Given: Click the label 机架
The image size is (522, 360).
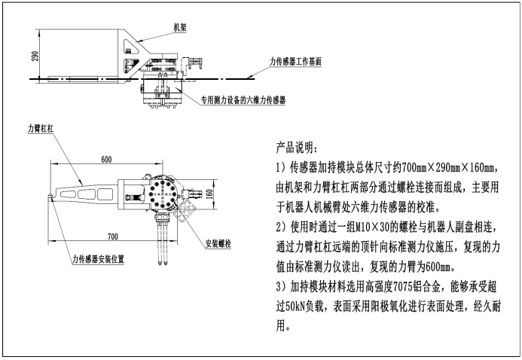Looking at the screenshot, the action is pos(180,27).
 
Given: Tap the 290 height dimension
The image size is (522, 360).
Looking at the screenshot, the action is pos(35,56).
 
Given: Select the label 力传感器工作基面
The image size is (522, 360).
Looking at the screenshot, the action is pos(295,62).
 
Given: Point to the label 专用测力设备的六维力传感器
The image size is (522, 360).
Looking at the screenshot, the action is pos(243,100).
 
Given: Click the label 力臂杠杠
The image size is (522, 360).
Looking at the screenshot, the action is pos(40,129).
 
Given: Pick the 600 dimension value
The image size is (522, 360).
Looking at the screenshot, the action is pos(106,160).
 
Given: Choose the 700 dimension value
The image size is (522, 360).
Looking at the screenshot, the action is pos(112,236).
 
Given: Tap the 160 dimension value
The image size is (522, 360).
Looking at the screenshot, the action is pos(209,194).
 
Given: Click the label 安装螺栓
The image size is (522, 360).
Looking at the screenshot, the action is pos(218,243).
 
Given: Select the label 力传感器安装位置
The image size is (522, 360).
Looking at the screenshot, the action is pos(99,259).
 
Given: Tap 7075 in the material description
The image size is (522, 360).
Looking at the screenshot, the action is pos(403,287).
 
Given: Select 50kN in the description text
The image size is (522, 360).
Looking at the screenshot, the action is pos(295,307).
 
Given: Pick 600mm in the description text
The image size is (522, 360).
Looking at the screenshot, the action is pos(438,267).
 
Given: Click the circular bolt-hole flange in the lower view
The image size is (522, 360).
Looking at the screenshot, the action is pos(162,194).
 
